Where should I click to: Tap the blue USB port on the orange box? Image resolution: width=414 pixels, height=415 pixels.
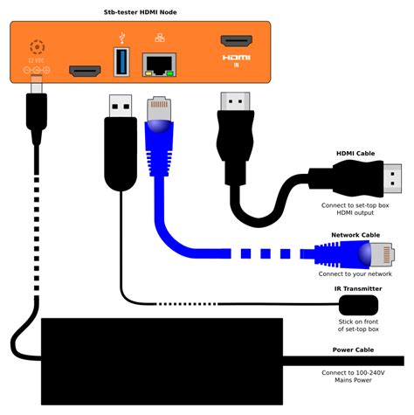pyautogui.click(x=121, y=64)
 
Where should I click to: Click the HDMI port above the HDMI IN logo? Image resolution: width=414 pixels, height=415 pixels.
pyautogui.click(x=236, y=40)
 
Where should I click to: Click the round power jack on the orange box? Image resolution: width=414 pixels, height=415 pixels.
pyautogui.click(x=37, y=47)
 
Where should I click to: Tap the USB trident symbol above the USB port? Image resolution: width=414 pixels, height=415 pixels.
pyautogui.click(x=121, y=38)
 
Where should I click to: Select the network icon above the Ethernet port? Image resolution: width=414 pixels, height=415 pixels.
pyautogui.click(x=158, y=38)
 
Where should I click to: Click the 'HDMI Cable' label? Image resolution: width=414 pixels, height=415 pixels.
pyautogui.click(x=355, y=154)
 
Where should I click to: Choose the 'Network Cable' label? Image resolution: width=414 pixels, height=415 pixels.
pyautogui.click(x=355, y=235)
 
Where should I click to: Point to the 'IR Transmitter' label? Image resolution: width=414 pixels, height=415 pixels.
pyautogui.click(x=358, y=288)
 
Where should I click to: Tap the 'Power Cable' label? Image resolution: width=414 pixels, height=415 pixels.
pyautogui.click(x=355, y=350)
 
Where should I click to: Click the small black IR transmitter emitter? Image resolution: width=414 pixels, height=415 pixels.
pyautogui.click(x=358, y=305)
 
